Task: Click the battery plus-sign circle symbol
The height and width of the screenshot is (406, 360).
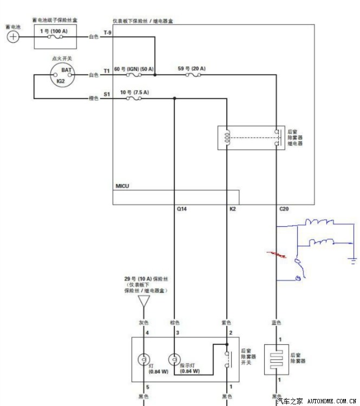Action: pos(13,37)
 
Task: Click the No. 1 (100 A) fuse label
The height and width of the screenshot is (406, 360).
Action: pos(54,31)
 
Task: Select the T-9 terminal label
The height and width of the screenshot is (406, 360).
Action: pos(107,33)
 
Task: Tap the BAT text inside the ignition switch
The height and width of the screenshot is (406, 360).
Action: pos(66,70)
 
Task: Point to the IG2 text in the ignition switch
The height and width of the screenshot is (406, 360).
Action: pos(61,81)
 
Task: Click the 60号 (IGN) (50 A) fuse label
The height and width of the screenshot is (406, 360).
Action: pos(134,69)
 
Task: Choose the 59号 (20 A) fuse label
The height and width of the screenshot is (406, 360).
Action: pos(191,69)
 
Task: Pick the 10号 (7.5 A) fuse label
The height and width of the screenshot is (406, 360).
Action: pos(134,93)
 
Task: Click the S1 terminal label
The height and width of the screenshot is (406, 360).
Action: pos(107,94)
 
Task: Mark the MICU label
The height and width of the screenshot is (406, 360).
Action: pos(122,186)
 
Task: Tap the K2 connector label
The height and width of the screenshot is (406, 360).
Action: pos(233,208)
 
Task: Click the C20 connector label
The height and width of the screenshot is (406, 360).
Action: pos(284,208)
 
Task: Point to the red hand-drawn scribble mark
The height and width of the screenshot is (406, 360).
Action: pos(278,255)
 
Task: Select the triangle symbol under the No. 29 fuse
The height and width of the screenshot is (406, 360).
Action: pos(143,301)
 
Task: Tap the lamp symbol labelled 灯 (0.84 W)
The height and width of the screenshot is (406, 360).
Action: pos(143,358)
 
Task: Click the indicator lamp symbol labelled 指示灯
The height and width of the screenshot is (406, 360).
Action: pos(174,358)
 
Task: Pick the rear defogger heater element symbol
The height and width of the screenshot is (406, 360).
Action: pos(277,359)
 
